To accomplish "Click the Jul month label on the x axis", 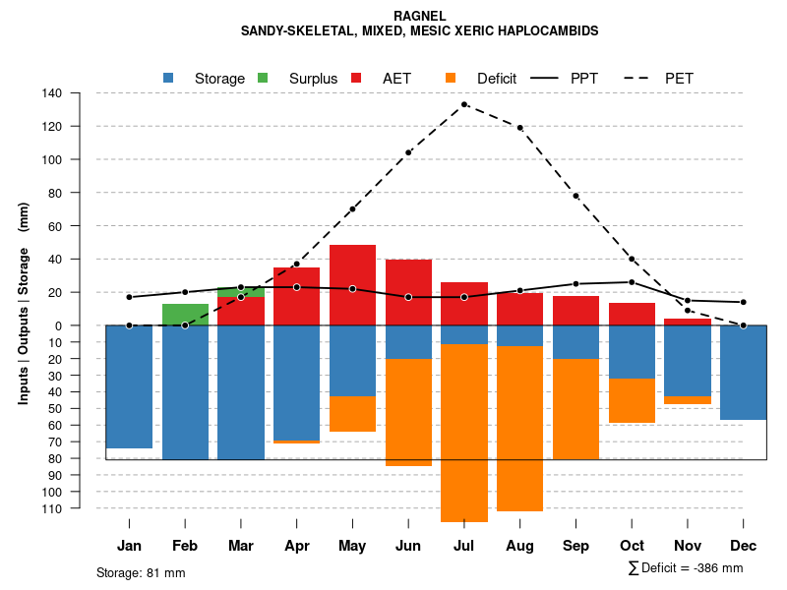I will point(464,546).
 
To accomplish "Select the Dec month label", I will point(744,546).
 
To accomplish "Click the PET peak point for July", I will point(464,104).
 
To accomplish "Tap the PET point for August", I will point(519,128).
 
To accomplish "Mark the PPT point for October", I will point(632,282).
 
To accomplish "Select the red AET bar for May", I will point(352,285).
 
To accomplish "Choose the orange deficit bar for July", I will point(464,433).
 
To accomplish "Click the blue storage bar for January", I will point(129,386).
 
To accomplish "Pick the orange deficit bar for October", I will point(632,400).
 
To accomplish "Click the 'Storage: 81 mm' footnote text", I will point(141,572).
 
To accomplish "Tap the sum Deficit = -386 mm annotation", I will point(685,567).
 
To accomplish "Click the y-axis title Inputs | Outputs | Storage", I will point(24,303).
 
